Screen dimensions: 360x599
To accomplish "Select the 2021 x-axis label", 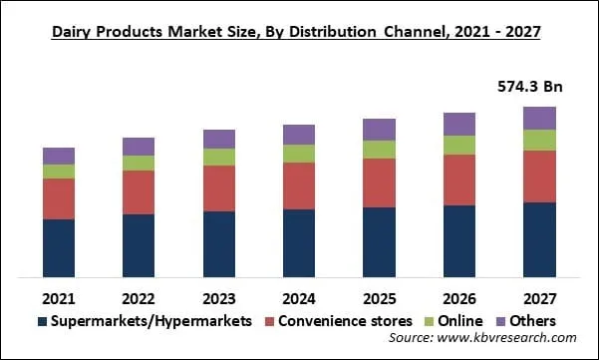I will coord(59,298).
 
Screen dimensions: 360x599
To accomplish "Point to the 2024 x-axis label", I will coord(299,298).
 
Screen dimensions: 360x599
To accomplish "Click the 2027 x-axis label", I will coord(539,298).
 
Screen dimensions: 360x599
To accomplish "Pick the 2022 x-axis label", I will coord(139,298).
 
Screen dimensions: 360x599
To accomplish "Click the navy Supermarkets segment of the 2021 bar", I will coord(59,247).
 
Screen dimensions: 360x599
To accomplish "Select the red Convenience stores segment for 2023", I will coord(218,188).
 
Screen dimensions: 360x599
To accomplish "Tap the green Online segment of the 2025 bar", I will coord(379,149).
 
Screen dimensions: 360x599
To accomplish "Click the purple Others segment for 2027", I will coord(539,118).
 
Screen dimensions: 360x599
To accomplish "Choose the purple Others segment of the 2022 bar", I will coord(139,147).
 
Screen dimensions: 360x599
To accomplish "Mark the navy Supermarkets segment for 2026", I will coord(459,241).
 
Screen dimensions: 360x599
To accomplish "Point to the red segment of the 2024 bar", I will coord(299,185).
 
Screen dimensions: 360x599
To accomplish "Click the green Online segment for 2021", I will coord(59,172).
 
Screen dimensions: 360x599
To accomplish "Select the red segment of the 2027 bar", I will coord(539,177).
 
